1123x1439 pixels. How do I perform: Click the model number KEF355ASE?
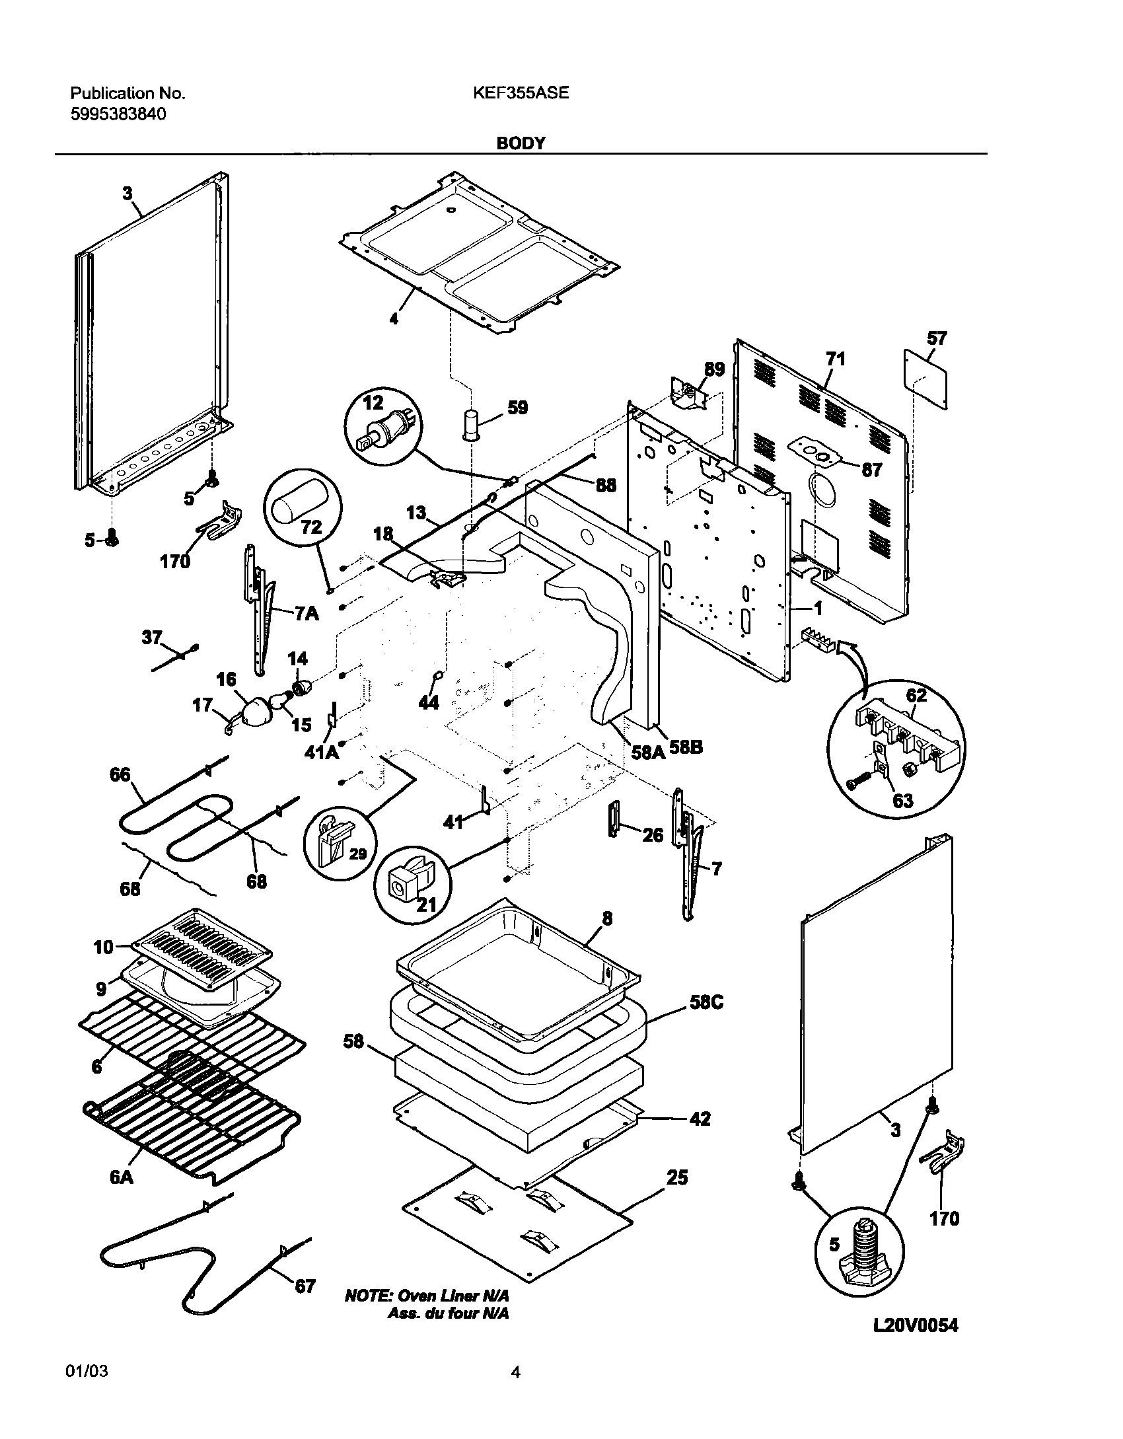click(x=521, y=93)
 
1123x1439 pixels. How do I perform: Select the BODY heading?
click(x=521, y=143)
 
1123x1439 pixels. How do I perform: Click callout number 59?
click(x=517, y=408)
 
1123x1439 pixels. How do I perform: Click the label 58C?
click(x=706, y=1002)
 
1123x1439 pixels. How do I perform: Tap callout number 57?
click(x=937, y=339)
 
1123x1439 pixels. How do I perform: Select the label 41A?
click(x=321, y=752)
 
